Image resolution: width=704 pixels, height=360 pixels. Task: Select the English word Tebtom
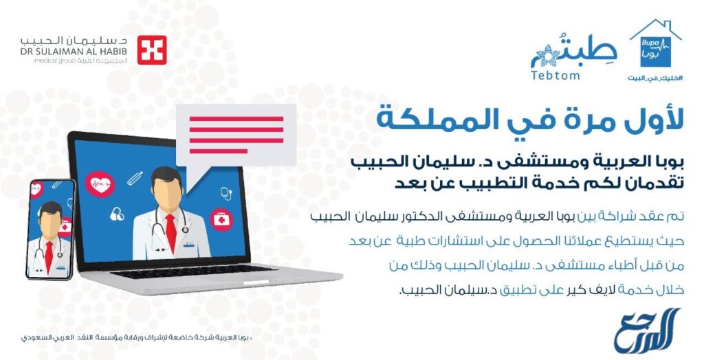[555, 74]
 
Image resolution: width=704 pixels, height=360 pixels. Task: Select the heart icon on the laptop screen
[100, 183]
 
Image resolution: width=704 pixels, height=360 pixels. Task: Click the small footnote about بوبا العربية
[124, 339]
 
